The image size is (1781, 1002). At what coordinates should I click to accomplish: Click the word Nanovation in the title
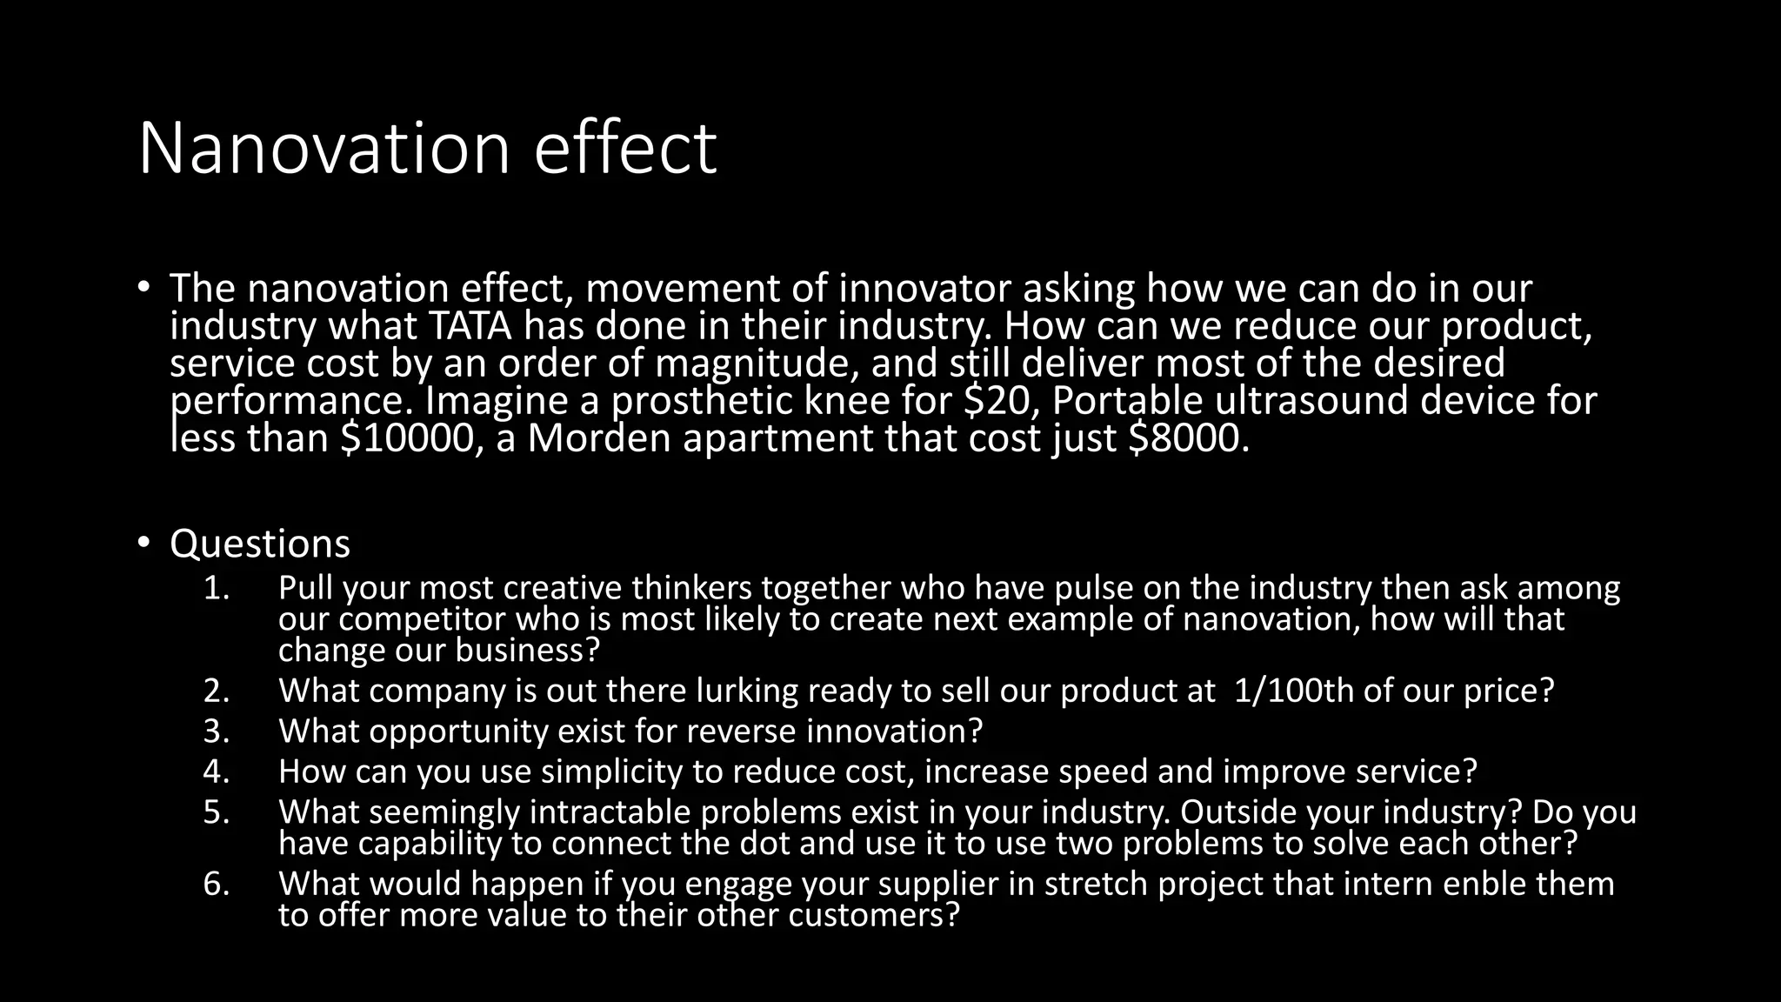tap(324, 148)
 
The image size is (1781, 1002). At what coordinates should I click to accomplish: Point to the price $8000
tap(1187, 438)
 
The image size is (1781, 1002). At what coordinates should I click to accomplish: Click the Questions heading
tap(260, 544)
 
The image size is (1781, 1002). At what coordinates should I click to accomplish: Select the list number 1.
tap(216, 589)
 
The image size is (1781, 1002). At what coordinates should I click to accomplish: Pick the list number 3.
tap(216, 731)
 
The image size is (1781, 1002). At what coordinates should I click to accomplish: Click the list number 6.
tap(216, 884)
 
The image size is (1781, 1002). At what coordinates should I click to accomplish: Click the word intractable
tap(610, 812)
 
